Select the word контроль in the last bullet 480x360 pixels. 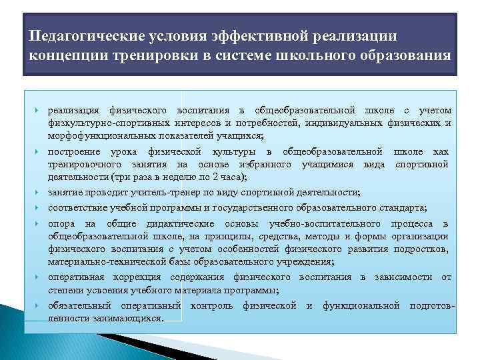211,306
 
